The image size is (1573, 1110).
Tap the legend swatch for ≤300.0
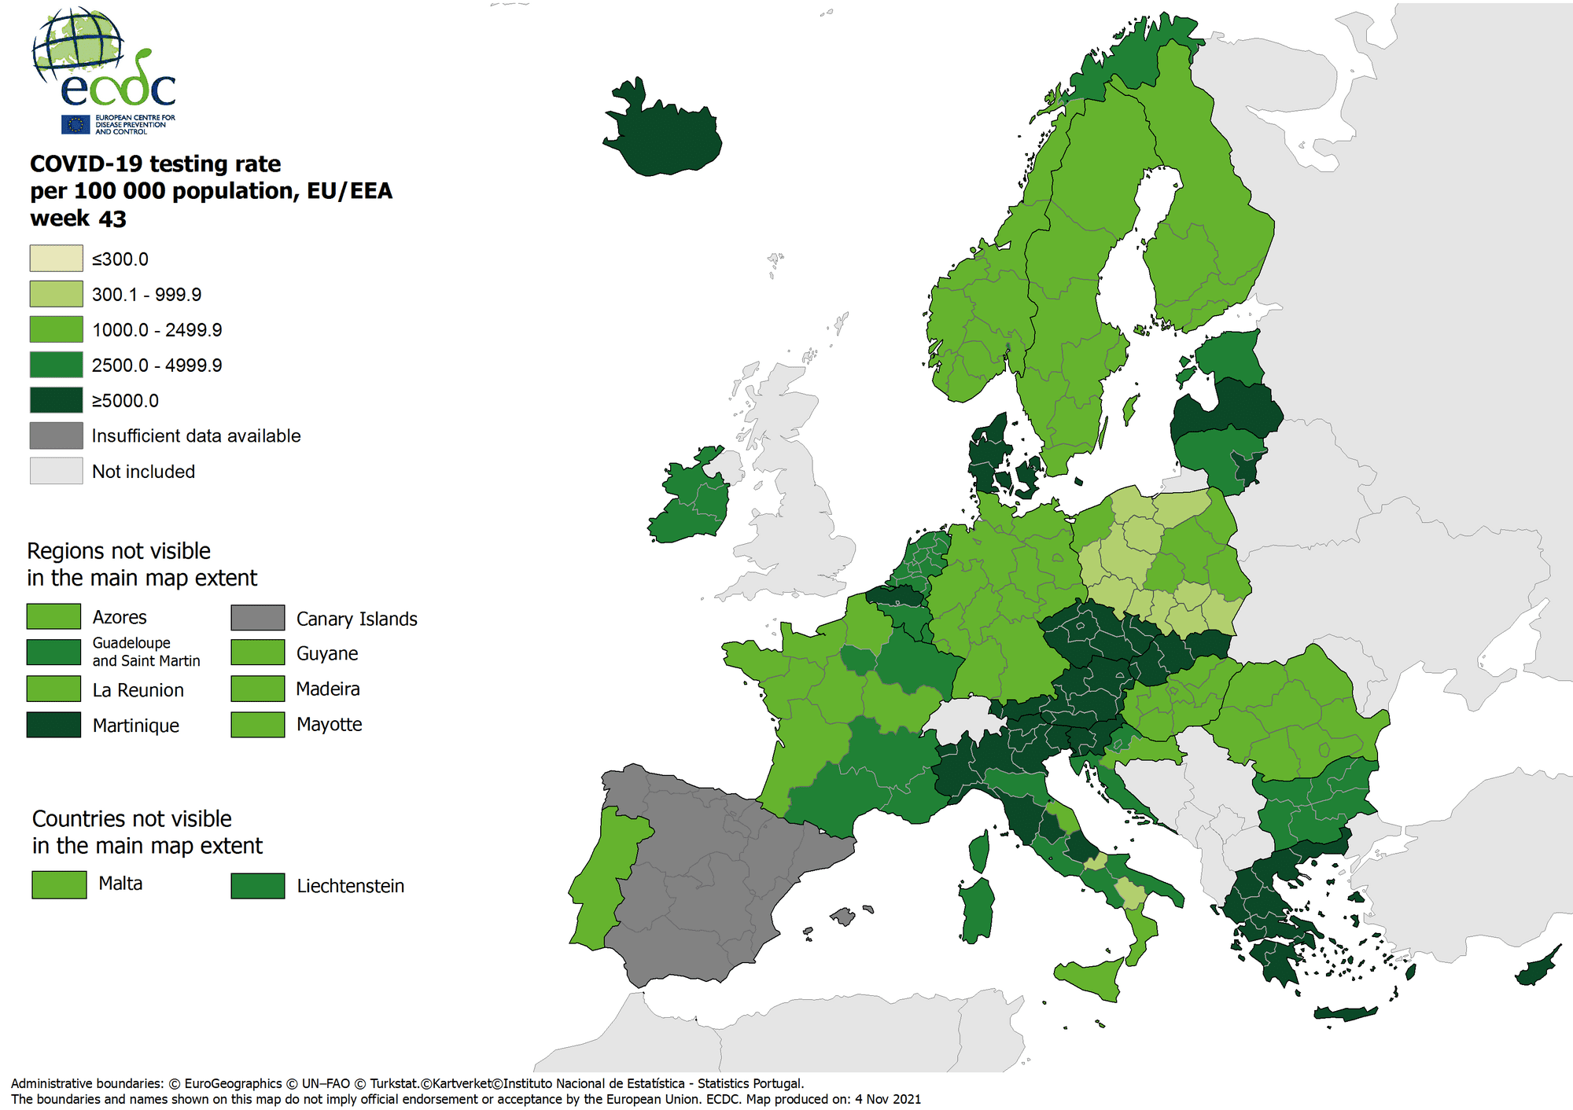[x=56, y=259]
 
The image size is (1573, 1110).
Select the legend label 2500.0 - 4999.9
[x=157, y=366]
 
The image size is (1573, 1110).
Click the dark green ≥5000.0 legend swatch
[x=56, y=400]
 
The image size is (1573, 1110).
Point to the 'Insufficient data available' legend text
[x=196, y=436]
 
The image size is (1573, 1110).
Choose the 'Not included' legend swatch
[x=56, y=471]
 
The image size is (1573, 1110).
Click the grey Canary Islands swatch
[x=257, y=618]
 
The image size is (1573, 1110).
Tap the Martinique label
[x=135, y=726]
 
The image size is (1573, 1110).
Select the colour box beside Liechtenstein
[x=257, y=886]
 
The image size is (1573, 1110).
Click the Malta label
[x=120, y=884]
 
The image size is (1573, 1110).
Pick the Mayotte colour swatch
[x=257, y=725]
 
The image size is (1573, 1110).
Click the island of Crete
[x=1345, y=1014]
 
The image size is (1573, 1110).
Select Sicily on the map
[x=1093, y=979]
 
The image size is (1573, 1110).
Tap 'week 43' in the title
[x=78, y=219]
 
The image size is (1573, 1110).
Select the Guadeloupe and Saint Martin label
[x=146, y=652]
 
